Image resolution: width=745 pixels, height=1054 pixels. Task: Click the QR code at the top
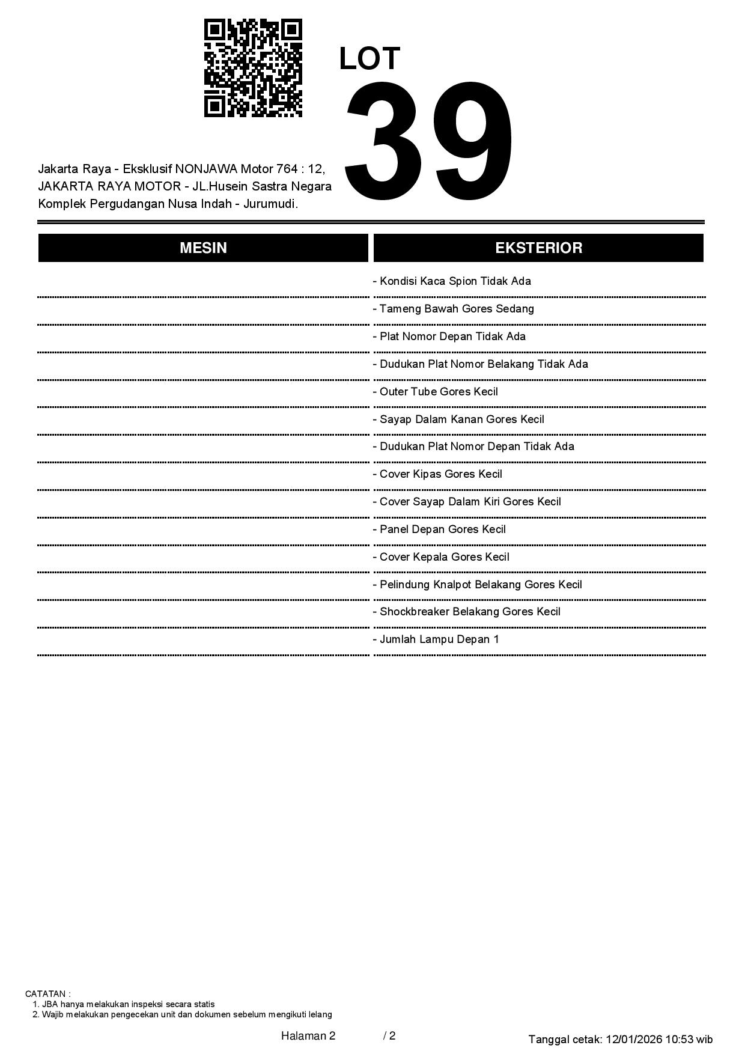(253, 68)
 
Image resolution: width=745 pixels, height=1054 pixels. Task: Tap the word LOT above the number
(369, 59)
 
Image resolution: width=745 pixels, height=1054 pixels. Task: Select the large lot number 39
(429, 142)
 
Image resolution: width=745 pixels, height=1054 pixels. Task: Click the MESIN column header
(203, 248)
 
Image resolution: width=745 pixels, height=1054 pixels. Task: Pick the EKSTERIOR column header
(538, 248)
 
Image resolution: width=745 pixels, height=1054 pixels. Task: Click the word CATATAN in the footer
(46, 994)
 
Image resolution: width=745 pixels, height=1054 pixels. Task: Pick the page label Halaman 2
(308, 1035)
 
